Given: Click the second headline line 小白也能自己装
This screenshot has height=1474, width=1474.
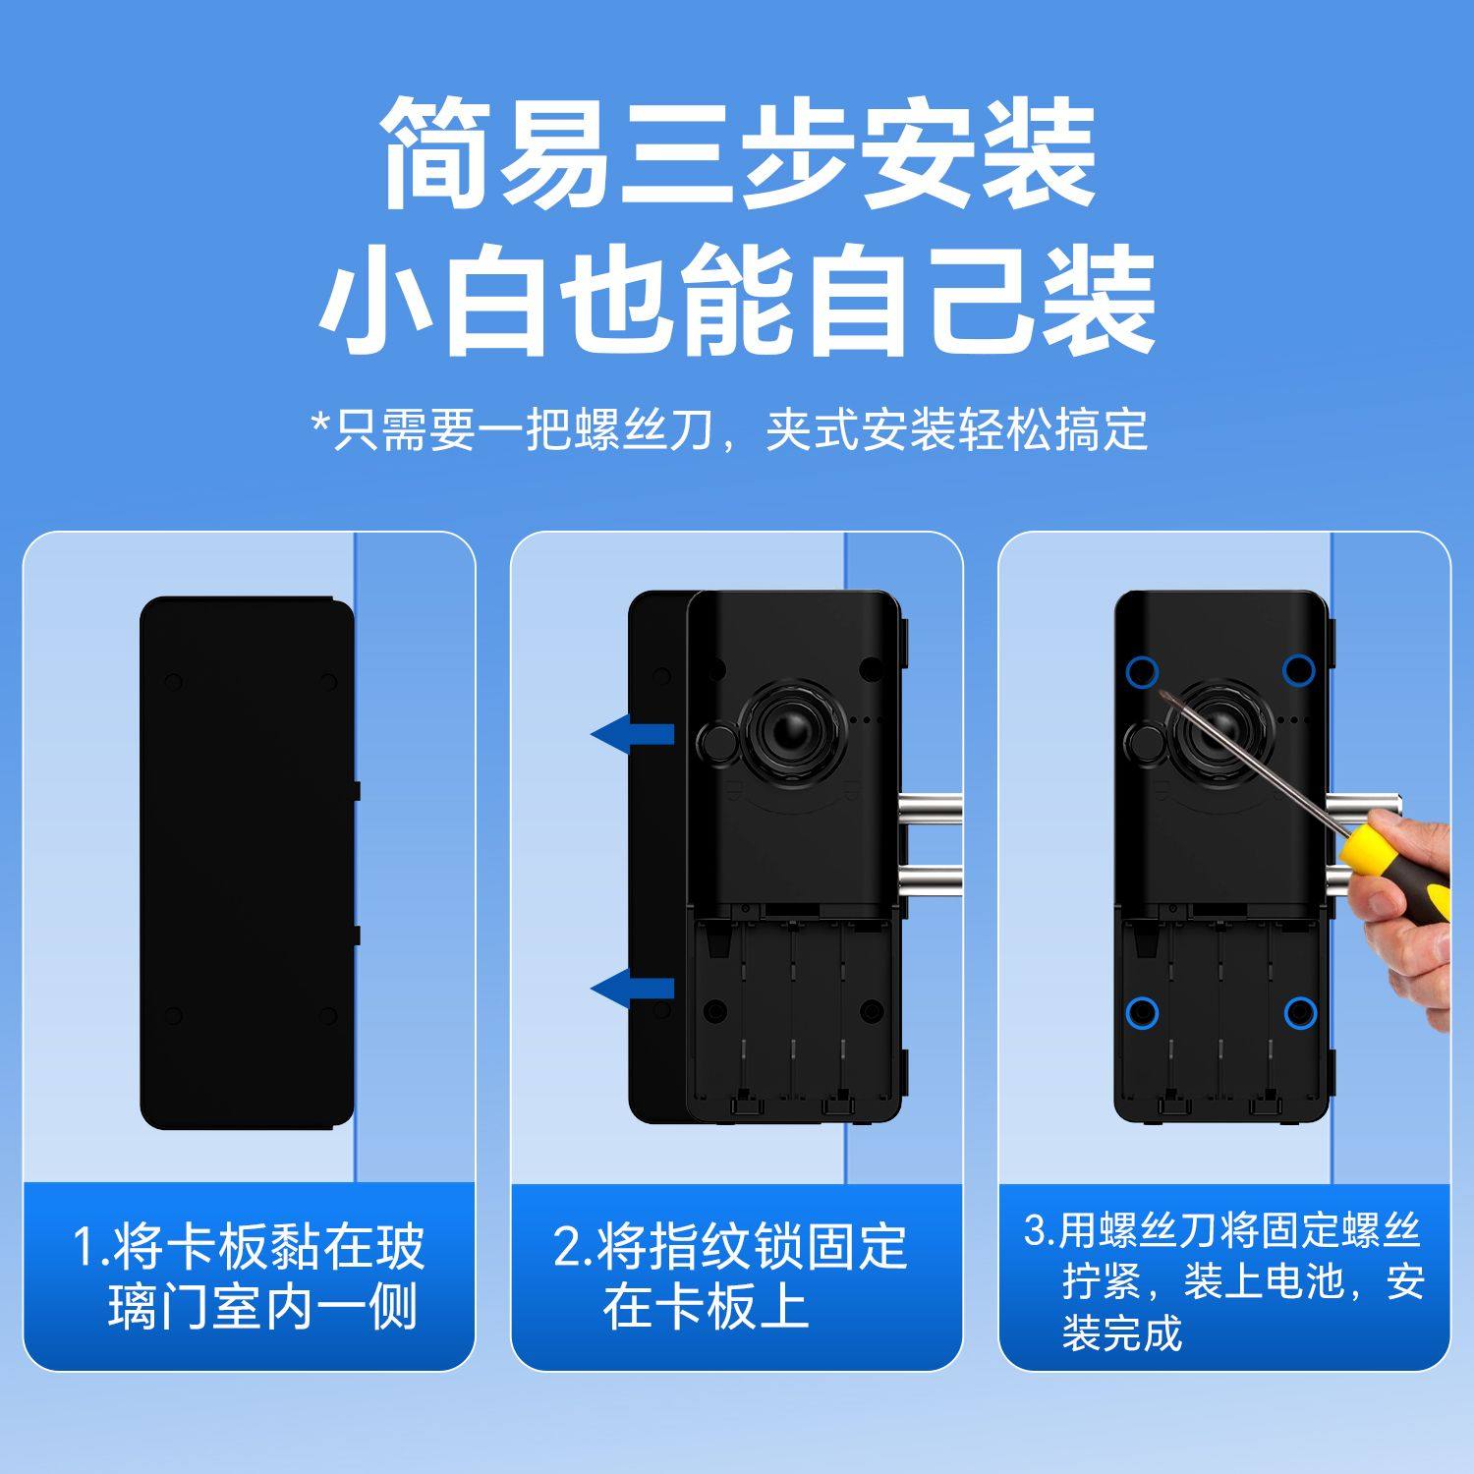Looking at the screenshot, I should [737, 303].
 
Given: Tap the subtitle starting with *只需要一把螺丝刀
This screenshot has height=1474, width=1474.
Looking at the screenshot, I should [729, 429].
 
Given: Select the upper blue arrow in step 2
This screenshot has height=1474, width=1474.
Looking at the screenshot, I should [633, 734].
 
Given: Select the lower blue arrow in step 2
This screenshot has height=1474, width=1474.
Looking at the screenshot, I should [633, 988].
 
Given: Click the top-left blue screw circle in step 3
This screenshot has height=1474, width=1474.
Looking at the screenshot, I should [1142, 673].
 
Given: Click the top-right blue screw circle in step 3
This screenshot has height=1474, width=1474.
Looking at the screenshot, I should [1299, 670].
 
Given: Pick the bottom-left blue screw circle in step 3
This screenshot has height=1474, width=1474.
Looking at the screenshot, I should [1142, 1011].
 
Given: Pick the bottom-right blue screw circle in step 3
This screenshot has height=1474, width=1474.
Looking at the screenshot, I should [1299, 1011].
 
